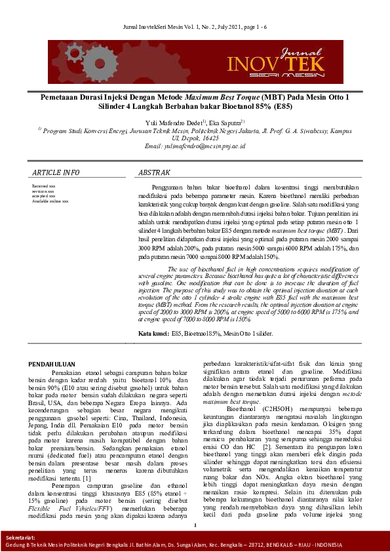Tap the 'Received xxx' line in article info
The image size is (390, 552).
(x=43, y=187)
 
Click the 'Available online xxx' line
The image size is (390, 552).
(x=50, y=201)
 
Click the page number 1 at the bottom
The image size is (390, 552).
(x=195, y=524)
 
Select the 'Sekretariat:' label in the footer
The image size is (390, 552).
(x=19, y=537)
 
